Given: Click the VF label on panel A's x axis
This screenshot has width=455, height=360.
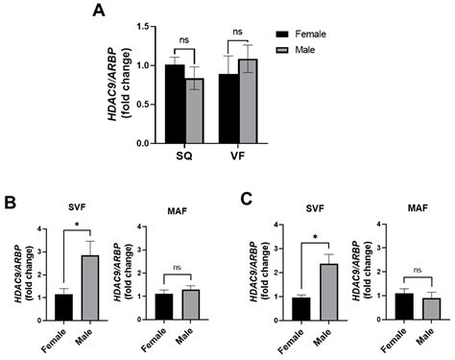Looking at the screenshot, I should pos(237,156).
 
